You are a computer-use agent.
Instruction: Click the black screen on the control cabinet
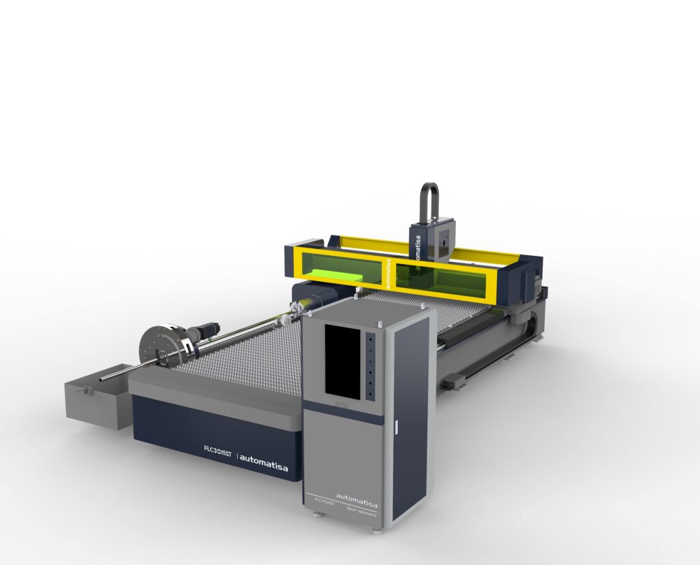coord(342,360)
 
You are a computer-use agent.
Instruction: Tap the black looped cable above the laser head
coord(429,202)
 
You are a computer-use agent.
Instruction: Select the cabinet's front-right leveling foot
coord(377,529)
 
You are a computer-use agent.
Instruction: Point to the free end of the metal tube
coord(103,378)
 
